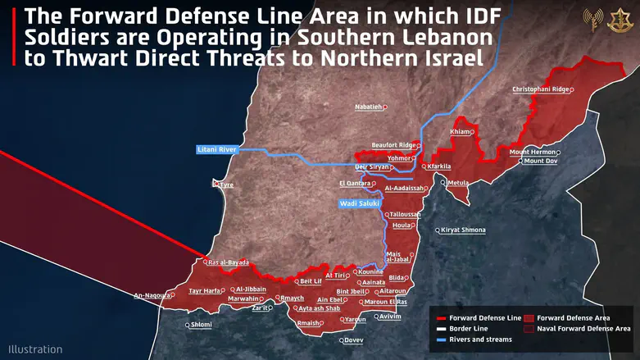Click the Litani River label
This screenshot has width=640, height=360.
(216, 149)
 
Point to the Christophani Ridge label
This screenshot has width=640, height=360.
(539, 89)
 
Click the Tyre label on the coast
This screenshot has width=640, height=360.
(225, 185)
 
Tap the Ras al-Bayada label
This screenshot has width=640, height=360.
(228, 262)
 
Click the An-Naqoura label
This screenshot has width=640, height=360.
(151, 295)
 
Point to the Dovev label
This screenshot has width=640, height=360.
(353, 339)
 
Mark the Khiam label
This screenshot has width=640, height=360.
(461, 132)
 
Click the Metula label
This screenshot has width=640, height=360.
(457, 182)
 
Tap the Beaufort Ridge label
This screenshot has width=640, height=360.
(393, 144)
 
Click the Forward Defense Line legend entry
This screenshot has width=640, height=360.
(484, 317)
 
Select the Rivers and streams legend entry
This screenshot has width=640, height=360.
(480, 339)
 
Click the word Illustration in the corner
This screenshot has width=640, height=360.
(35, 349)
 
